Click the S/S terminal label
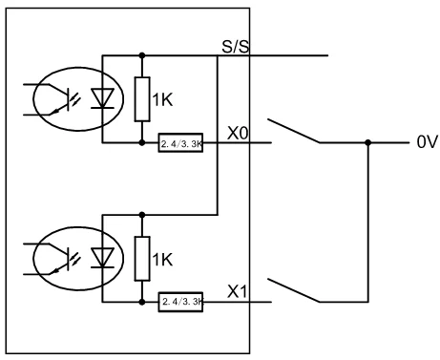236,47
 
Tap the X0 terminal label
238,133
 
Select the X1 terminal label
237,291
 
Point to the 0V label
428,142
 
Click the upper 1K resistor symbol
142,99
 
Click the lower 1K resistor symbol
142,259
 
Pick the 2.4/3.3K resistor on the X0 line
180,142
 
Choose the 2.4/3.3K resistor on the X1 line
180,302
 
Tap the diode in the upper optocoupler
102,98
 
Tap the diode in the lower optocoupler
102,258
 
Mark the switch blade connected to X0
293,131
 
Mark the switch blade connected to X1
293,290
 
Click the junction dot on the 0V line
368,142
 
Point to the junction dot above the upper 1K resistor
142,55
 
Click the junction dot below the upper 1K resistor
142,142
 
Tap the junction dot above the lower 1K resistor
142,215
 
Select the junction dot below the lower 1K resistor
142,302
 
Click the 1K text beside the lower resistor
162,260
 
